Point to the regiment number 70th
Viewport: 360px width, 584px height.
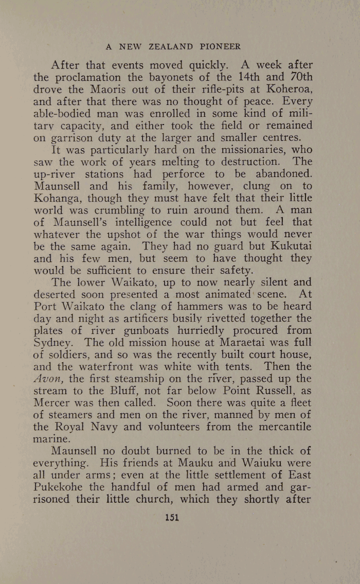click(x=299, y=78)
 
